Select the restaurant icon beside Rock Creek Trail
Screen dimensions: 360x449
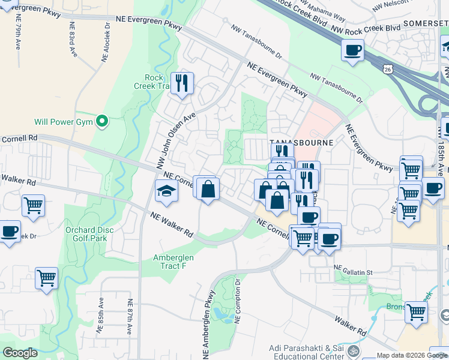(181, 83)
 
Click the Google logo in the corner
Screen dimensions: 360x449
(20, 352)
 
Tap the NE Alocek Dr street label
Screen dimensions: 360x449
(106, 44)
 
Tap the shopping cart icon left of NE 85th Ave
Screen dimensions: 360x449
(46, 278)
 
